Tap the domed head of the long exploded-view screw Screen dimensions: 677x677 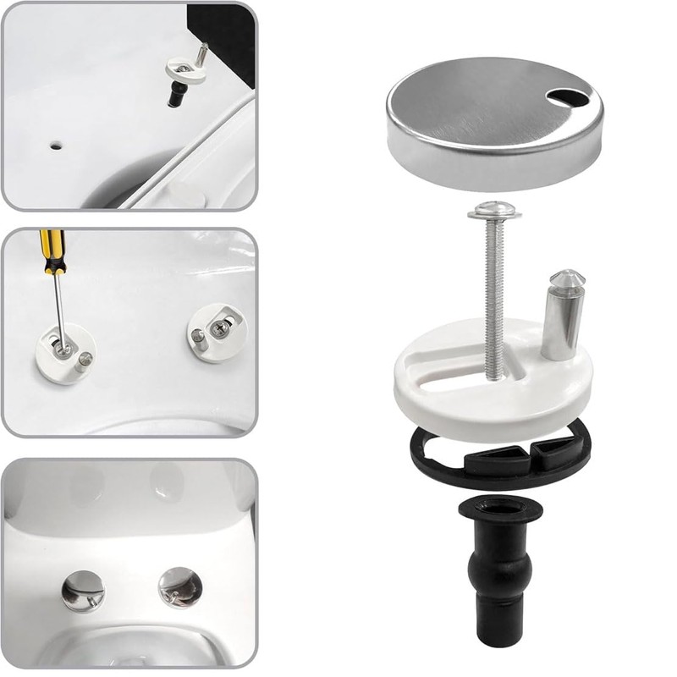494,209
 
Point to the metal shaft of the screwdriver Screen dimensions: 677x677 58,305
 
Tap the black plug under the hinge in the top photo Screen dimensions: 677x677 178,94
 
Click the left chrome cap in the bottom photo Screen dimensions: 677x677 83,591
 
